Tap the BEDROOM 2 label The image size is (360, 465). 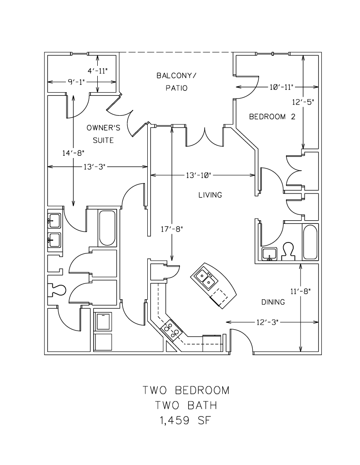point(272,117)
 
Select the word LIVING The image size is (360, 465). point(210,195)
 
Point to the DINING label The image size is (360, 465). point(273,302)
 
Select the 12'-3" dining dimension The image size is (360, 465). point(267,322)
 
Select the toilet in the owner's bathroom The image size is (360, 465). point(58,289)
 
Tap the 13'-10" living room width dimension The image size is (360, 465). point(197,175)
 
